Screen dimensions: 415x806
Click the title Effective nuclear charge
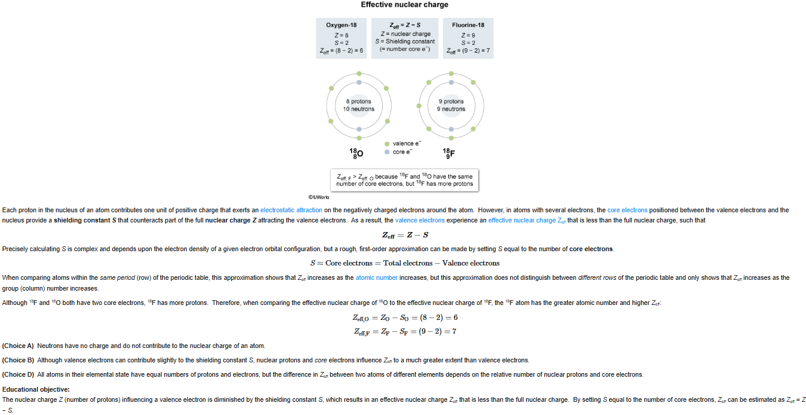click(404, 5)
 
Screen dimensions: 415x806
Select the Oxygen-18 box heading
click(342, 25)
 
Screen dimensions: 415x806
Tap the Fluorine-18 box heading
click(468, 25)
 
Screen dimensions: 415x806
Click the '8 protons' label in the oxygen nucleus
click(358, 102)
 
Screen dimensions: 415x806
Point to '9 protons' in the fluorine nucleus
click(451, 102)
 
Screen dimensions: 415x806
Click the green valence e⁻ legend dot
click(387, 144)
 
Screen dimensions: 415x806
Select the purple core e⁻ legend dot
click(387, 152)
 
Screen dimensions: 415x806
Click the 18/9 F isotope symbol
click(448, 154)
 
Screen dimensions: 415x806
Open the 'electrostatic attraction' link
click(291, 210)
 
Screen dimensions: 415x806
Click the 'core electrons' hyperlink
click(627, 210)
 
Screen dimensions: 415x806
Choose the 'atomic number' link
click(376, 278)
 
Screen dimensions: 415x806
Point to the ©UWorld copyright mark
click(319, 197)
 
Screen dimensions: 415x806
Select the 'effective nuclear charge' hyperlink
click(522, 221)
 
